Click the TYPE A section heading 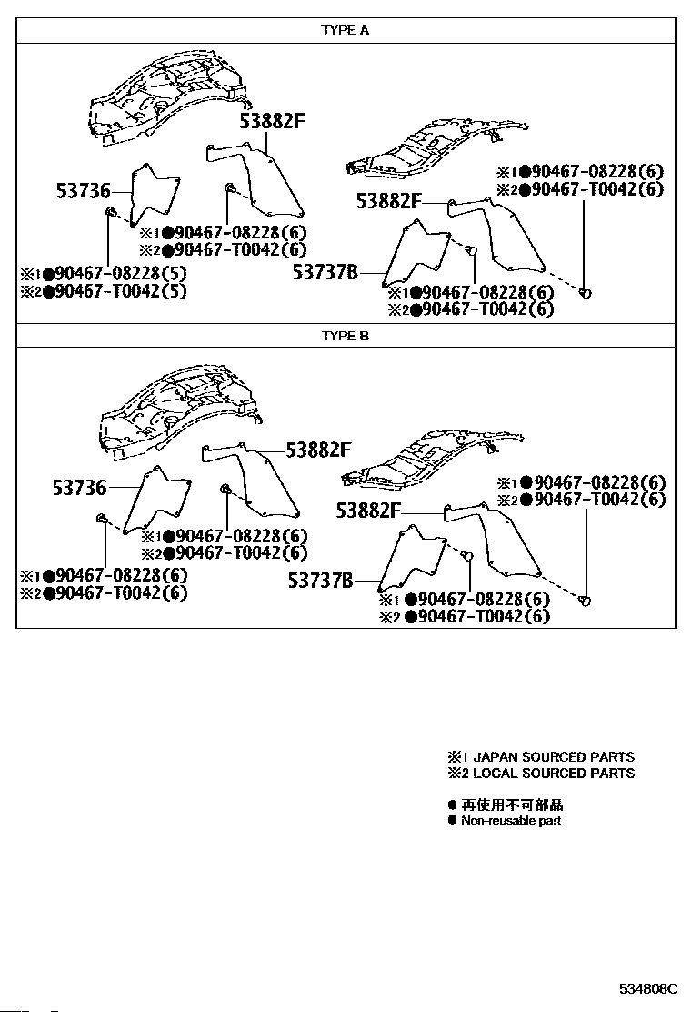(345, 30)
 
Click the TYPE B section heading (345, 336)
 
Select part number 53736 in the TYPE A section (81, 191)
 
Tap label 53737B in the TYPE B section (320, 579)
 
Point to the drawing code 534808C (649, 988)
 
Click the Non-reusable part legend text (510, 821)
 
